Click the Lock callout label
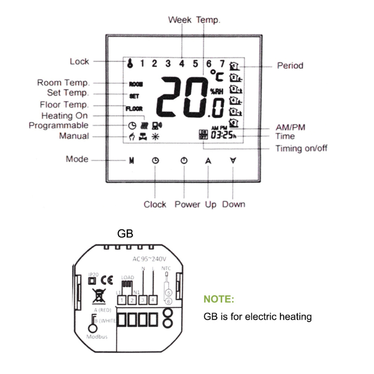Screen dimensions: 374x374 point(79,61)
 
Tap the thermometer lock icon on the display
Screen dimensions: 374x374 point(127,64)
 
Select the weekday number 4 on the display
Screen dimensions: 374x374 point(181,63)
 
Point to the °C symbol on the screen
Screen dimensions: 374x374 point(216,76)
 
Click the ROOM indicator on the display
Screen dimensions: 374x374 point(136,85)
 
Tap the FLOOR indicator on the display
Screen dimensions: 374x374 point(134,109)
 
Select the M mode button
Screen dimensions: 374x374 point(132,160)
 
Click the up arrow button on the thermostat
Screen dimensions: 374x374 point(208,160)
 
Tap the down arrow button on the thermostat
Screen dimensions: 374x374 point(233,160)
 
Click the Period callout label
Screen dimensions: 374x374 point(290,65)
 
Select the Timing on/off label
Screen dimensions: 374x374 point(301,149)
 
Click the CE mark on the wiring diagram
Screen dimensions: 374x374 point(107,280)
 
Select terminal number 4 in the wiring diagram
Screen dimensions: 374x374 point(152,299)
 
